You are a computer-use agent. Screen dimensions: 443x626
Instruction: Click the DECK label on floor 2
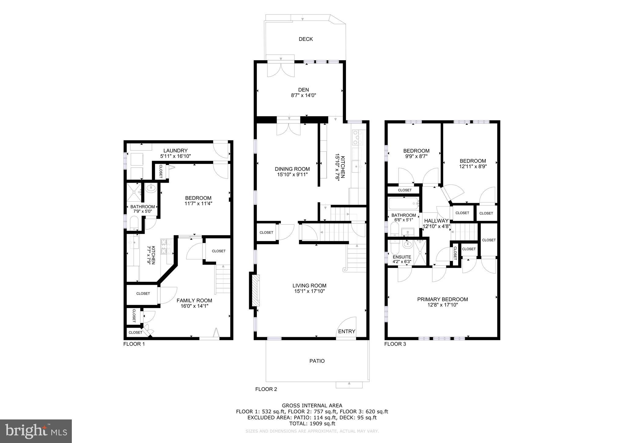pyautogui.click(x=306, y=39)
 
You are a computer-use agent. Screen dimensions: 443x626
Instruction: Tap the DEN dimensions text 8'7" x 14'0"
pyautogui.click(x=303, y=95)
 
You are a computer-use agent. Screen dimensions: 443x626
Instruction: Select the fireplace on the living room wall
pyautogui.click(x=255, y=290)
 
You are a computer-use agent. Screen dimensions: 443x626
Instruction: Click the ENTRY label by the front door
pyautogui.click(x=347, y=332)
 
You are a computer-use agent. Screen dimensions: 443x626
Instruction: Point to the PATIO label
pyautogui.click(x=317, y=361)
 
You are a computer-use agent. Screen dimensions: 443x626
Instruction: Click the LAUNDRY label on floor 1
pyautogui.click(x=175, y=151)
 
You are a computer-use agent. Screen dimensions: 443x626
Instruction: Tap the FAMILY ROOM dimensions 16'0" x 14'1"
pyautogui.click(x=194, y=306)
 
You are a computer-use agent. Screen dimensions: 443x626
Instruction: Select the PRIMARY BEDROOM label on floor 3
pyautogui.click(x=442, y=299)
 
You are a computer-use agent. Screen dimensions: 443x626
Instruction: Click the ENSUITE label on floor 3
pyautogui.click(x=402, y=257)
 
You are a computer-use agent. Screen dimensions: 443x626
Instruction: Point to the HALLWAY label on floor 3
pyautogui.click(x=436, y=221)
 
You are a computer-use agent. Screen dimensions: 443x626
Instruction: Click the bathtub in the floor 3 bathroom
pyautogui.click(x=403, y=203)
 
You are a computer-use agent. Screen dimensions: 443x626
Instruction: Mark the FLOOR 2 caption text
pyautogui.click(x=266, y=389)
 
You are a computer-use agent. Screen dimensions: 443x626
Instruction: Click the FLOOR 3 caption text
pyautogui.click(x=395, y=344)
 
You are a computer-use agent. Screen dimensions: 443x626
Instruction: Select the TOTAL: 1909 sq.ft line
pyautogui.click(x=312, y=424)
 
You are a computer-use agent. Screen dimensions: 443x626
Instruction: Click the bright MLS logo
pyautogui.click(x=36, y=431)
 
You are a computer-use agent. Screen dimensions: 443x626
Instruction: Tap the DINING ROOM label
pyautogui.click(x=292, y=169)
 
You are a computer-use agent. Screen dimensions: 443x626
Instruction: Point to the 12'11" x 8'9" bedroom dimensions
pyautogui.click(x=473, y=167)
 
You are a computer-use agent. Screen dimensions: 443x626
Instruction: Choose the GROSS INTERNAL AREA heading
pyautogui.click(x=312, y=406)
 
